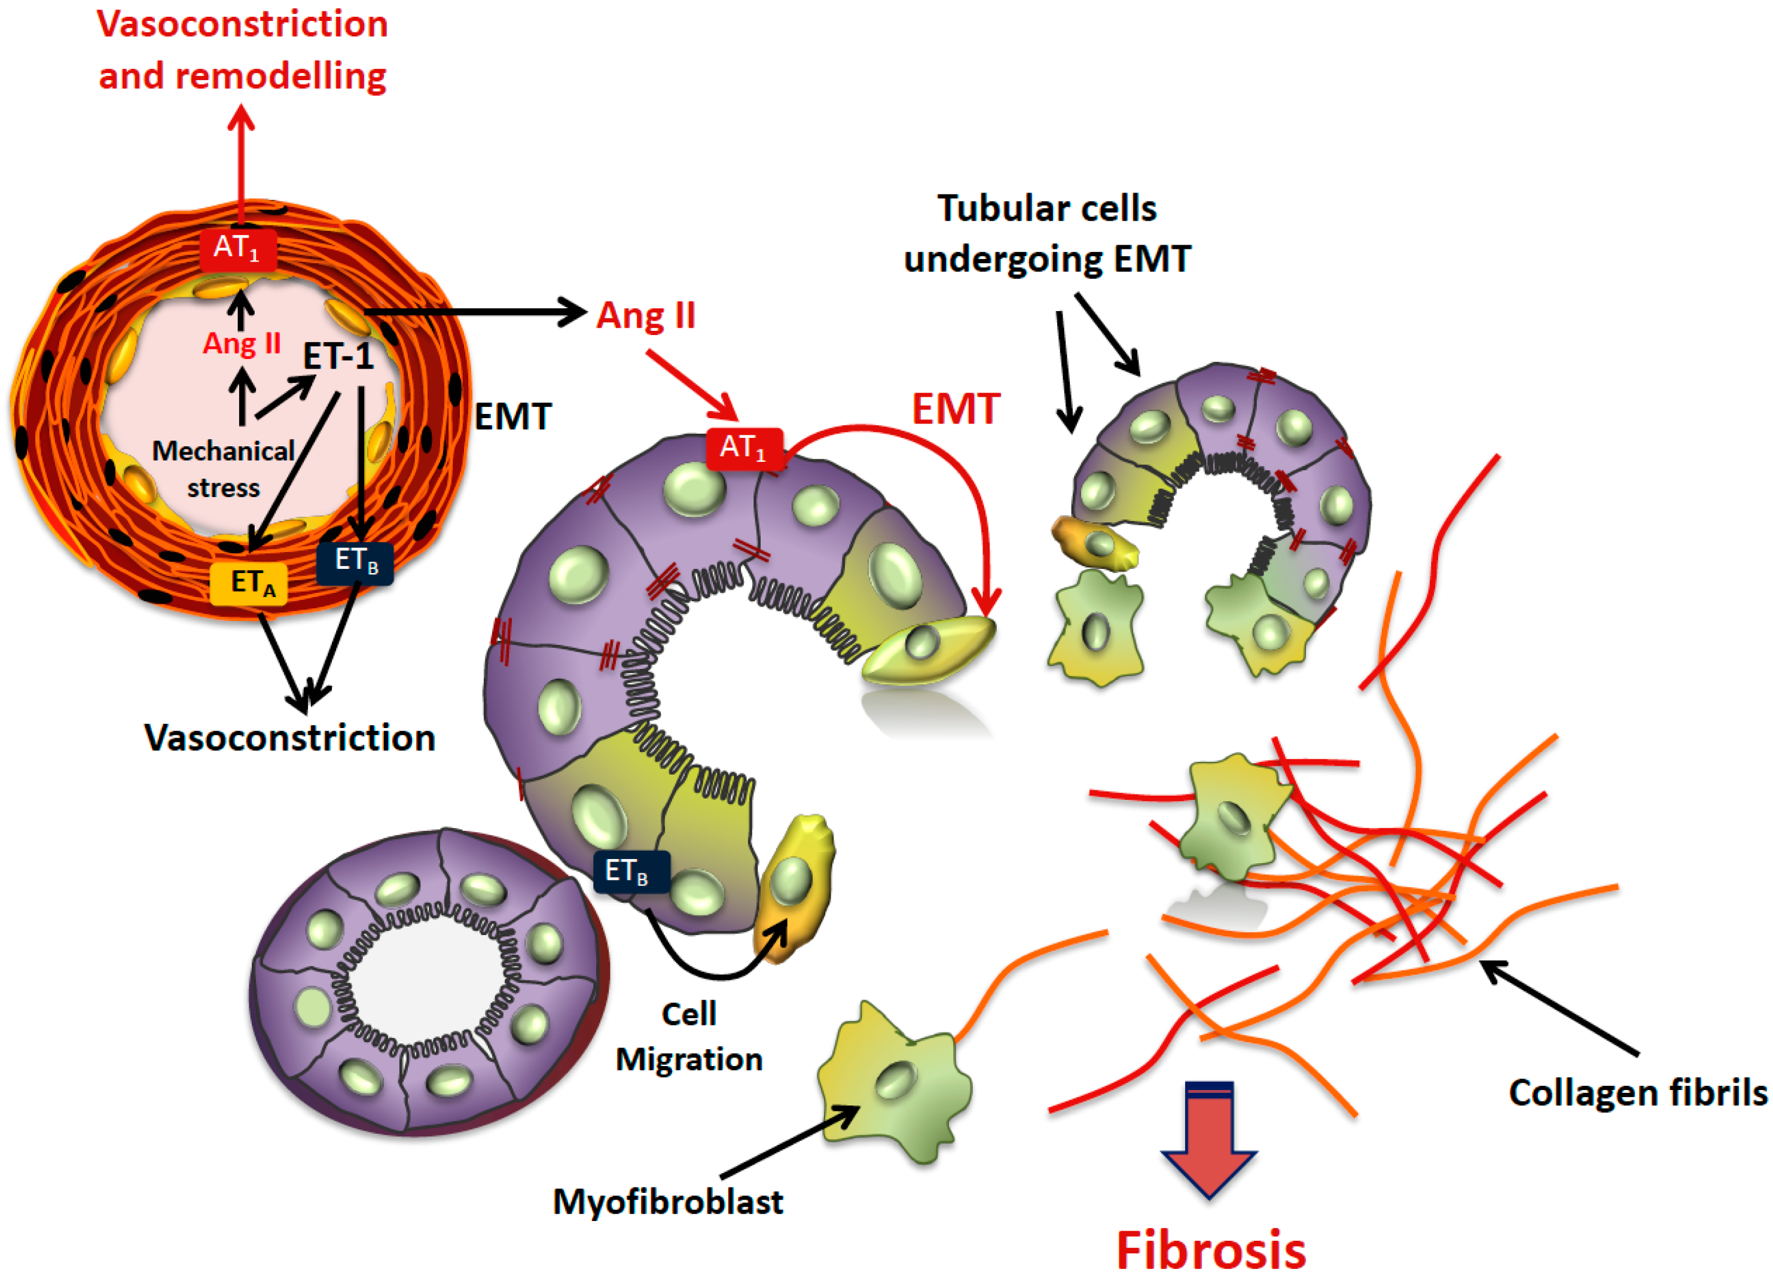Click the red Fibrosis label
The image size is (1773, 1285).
(1210, 1250)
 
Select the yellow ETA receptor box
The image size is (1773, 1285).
(249, 583)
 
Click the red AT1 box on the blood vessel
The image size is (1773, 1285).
(237, 249)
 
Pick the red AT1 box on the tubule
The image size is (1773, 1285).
(743, 448)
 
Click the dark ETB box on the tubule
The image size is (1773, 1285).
(631, 871)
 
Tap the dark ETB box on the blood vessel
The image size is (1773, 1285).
(355, 562)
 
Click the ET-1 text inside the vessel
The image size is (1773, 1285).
(338, 357)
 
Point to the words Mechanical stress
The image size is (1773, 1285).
(223, 468)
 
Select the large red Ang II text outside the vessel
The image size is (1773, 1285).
(646, 316)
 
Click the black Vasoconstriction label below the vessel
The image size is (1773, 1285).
(290, 738)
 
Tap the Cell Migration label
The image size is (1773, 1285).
(689, 1037)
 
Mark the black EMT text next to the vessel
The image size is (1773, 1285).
(513, 416)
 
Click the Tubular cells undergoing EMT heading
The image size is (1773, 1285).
(1047, 233)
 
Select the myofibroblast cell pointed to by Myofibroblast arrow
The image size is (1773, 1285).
(895, 1083)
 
